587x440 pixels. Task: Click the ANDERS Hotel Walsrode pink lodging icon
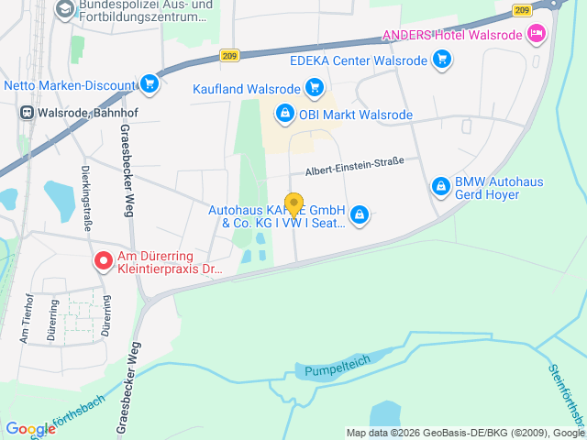[x=537, y=36]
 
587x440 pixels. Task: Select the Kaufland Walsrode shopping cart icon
[x=315, y=89]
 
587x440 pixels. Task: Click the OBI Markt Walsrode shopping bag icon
[x=284, y=115]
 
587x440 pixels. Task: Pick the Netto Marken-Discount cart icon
[x=150, y=86]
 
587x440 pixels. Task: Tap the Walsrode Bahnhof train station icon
[x=28, y=114]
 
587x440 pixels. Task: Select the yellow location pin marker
[x=293, y=204]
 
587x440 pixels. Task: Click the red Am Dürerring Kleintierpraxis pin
[x=103, y=261]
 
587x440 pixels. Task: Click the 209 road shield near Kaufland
[x=232, y=57]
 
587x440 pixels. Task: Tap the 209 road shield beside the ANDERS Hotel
[x=522, y=10]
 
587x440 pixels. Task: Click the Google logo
[x=30, y=429]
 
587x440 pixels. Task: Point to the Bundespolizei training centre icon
[x=65, y=10]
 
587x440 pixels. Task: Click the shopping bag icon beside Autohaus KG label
[x=359, y=215]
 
